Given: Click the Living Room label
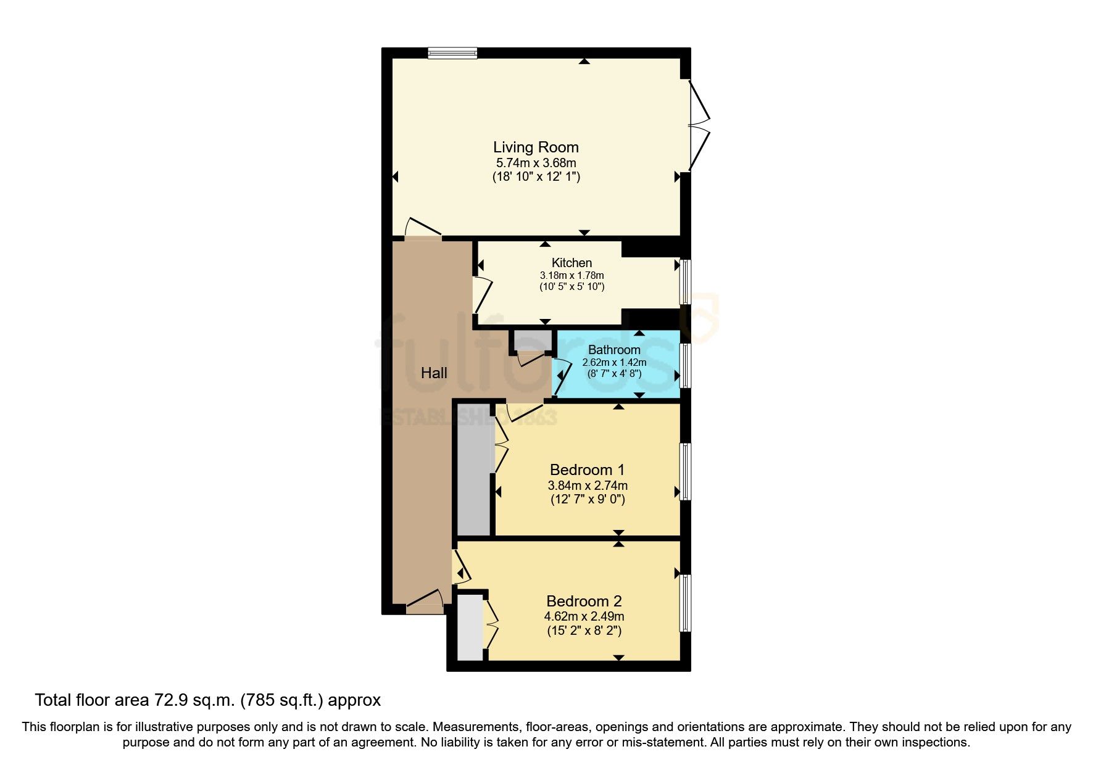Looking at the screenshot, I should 536,147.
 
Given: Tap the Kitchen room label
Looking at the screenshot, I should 571,263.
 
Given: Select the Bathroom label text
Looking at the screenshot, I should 614,350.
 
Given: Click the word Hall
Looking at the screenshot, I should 434,373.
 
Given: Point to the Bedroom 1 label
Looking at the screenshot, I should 587,470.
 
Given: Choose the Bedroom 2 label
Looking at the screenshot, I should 584,601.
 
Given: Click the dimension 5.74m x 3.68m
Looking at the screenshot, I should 536,163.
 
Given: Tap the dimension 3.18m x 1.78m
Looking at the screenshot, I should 571,275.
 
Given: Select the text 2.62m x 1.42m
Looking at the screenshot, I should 614,362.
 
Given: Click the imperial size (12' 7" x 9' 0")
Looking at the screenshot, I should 588,500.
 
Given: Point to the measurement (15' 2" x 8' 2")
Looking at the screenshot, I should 584,631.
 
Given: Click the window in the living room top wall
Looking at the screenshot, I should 452,53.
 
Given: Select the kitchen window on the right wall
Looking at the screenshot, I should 685,282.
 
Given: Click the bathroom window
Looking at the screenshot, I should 685,365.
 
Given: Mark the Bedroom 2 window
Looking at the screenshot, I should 685,603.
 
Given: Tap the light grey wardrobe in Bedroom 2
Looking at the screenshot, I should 470,627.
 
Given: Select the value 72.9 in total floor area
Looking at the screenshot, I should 167,700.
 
